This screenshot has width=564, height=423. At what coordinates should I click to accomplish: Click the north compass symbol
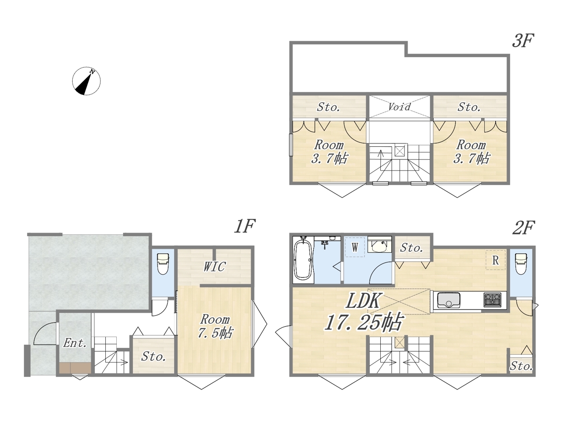86,81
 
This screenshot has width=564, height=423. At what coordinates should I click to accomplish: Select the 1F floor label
245,226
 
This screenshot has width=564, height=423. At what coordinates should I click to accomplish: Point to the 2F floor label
523,228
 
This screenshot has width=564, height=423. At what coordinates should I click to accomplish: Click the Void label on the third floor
399,107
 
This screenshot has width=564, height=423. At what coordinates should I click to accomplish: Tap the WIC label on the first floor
215,267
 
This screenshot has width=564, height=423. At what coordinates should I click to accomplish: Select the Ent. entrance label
74,343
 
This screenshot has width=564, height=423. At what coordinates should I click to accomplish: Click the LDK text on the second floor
363,301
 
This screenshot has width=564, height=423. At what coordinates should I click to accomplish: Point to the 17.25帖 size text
364,321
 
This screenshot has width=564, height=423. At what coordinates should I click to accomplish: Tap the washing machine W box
355,247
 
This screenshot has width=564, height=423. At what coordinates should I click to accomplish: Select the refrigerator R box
496,260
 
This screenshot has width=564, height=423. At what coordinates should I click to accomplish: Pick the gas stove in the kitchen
492,300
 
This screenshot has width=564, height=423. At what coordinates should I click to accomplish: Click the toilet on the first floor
163,264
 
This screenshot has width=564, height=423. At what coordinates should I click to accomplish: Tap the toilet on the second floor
521,264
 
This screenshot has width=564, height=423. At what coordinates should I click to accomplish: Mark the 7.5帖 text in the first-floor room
215,333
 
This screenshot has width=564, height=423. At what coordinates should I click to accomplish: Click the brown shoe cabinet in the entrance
75,368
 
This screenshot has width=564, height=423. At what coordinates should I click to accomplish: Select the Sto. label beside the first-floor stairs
154,356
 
